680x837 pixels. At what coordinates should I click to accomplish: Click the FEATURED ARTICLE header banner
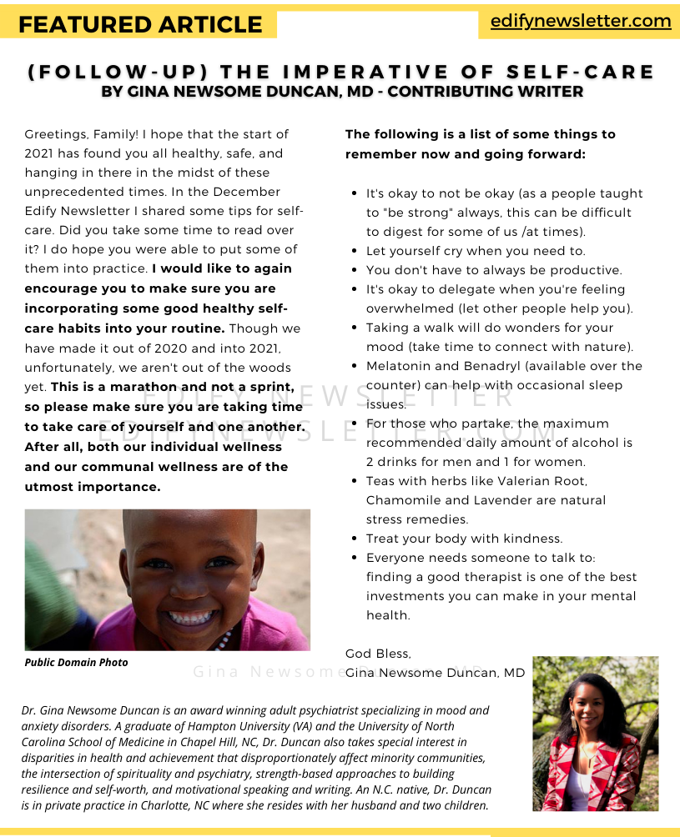[139, 24]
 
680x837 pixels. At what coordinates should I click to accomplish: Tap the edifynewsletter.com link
[580, 21]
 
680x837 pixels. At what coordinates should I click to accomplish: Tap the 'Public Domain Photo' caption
[77, 662]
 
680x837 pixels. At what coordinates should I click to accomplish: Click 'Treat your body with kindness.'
[464, 539]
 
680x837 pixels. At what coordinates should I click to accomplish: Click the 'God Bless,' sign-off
[378, 654]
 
